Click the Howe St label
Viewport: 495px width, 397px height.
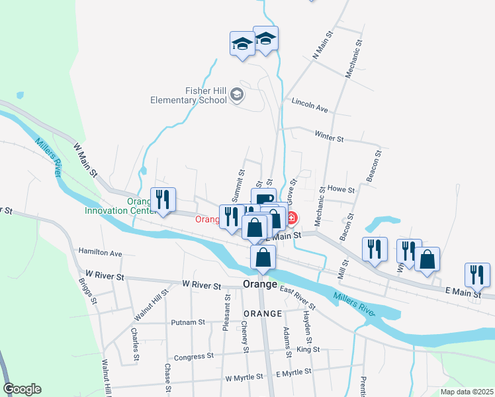click(341, 189)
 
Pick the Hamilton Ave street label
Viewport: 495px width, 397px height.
click(100, 253)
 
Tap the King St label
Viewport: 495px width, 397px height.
click(308, 349)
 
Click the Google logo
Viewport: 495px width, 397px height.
click(22, 389)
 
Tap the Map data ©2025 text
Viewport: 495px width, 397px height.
click(466, 392)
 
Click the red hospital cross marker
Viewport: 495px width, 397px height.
click(291, 217)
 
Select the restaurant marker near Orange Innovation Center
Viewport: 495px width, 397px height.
click(162, 200)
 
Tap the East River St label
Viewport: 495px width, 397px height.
click(297, 297)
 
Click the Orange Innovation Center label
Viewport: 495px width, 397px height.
click(119, 206)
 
